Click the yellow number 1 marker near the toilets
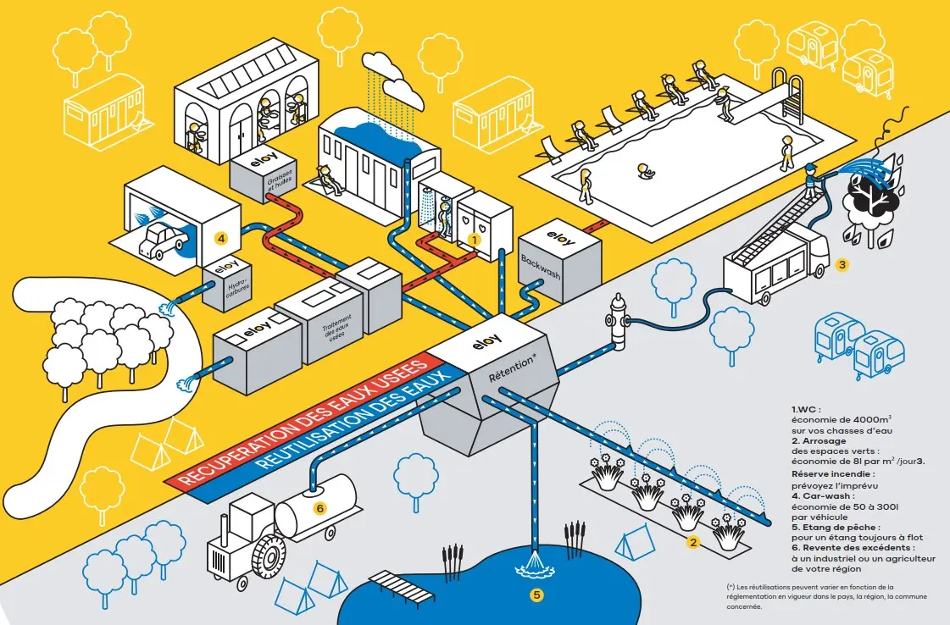475,240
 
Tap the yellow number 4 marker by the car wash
220,239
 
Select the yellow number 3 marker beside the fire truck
842,264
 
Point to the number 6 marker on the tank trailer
319,508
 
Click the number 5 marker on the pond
536,595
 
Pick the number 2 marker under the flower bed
692,543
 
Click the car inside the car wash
162,240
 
